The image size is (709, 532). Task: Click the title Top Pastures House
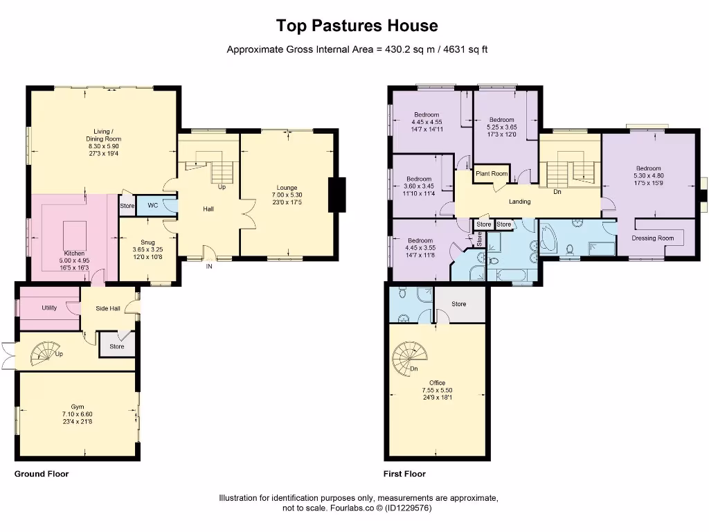tap(357, 26)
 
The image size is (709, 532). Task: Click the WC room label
tap(152, 206)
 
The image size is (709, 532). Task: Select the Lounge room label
tap(287, 187)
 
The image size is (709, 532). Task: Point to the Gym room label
tap(78, 407)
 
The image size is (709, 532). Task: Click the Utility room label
tap(48, 308)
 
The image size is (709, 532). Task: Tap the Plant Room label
tap(491, 174)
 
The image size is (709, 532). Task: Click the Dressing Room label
tap(652, 238)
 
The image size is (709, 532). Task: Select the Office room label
tap(437, 382)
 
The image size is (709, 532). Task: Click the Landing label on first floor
tap(519, 202)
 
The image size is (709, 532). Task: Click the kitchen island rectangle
tap(75, 230)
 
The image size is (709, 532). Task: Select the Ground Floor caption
tap(42, 474)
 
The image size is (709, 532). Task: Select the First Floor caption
tap(404, 474)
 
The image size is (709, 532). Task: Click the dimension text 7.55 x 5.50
tap(437, 390)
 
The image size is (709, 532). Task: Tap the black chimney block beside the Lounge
tap(338, 190)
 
